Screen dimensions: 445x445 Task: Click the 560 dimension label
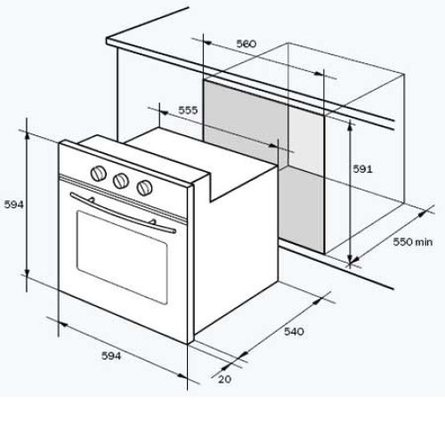246,44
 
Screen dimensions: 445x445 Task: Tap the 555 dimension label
188,110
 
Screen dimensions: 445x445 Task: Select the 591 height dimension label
362,169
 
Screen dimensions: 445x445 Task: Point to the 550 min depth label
413,242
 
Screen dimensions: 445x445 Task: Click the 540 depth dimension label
294,331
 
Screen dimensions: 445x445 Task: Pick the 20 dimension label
224,379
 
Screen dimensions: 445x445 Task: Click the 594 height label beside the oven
13,205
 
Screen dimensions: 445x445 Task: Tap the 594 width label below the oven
111,356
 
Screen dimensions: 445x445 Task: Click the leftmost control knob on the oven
98,174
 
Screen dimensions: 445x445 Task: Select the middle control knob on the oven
121,180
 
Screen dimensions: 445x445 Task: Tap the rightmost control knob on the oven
144,188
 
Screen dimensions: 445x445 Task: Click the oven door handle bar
123,213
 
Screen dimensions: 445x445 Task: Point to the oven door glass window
122,257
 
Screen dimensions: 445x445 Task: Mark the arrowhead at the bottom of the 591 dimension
351,259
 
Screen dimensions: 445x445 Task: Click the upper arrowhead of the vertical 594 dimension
27,136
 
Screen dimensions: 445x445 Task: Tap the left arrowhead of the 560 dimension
208,44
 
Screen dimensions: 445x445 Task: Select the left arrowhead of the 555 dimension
164,113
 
